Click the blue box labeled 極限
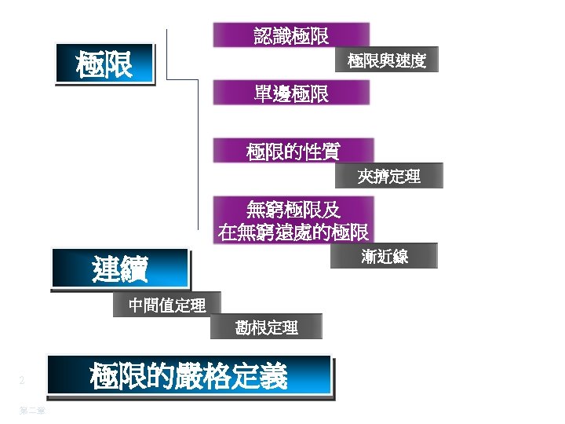(105, 63)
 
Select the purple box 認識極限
(291, 35)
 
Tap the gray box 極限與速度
(387, 60)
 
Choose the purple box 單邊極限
(291, 93)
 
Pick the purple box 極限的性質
(293, 151)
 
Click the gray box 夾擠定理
(389, 177)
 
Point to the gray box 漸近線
(385, 257)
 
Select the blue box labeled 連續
(120, 269)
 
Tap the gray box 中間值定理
(167, 305)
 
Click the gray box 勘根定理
(267, 327)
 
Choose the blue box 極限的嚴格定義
(189, 376)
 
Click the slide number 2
(22, 381)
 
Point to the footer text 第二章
(32, 410)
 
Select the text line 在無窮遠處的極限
(293, 232)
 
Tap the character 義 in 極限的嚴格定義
(275, 376)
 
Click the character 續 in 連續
(133, 269)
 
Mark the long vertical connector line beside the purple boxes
(198, 157)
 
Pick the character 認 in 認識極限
(263, 35)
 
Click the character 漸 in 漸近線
(370, 257)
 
